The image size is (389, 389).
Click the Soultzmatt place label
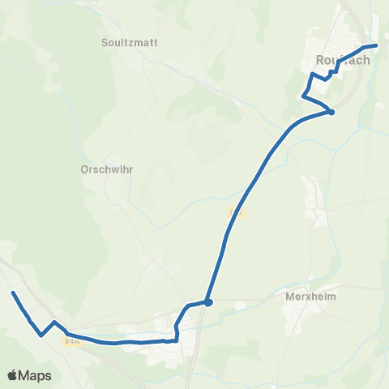130,42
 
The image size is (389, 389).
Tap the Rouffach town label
342,61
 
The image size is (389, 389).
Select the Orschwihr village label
106,170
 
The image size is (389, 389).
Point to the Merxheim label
311,297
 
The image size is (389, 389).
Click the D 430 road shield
72,341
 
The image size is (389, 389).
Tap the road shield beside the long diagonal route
236,212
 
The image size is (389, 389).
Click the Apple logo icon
13,375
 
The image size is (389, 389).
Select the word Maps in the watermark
36,375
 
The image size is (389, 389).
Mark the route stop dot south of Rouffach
331,113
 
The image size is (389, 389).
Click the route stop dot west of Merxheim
208,302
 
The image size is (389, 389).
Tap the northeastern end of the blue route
376,45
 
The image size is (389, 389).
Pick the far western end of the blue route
13,293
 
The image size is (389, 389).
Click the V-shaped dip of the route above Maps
41,335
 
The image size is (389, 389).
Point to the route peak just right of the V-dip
54,323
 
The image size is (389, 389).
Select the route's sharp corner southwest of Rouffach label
303,97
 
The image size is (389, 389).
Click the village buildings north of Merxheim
312,192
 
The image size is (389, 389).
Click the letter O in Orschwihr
84,170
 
